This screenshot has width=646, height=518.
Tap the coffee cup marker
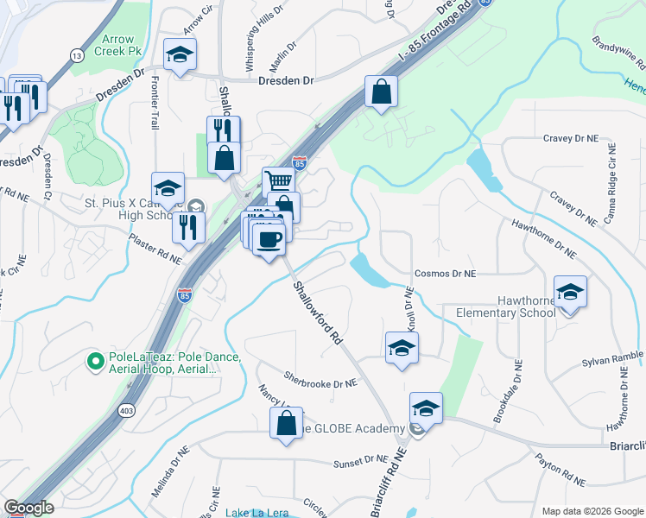point(269,239)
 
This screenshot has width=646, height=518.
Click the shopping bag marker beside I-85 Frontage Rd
point(381,91)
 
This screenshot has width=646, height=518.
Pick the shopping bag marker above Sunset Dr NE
point(286,423)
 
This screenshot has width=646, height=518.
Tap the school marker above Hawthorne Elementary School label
point(570,292)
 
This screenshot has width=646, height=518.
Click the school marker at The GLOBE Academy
point(426,407)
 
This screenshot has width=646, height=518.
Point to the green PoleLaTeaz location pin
point(94,358)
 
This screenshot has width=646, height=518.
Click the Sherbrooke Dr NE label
point(320,378)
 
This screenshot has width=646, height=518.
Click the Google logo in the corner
point(29,508)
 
